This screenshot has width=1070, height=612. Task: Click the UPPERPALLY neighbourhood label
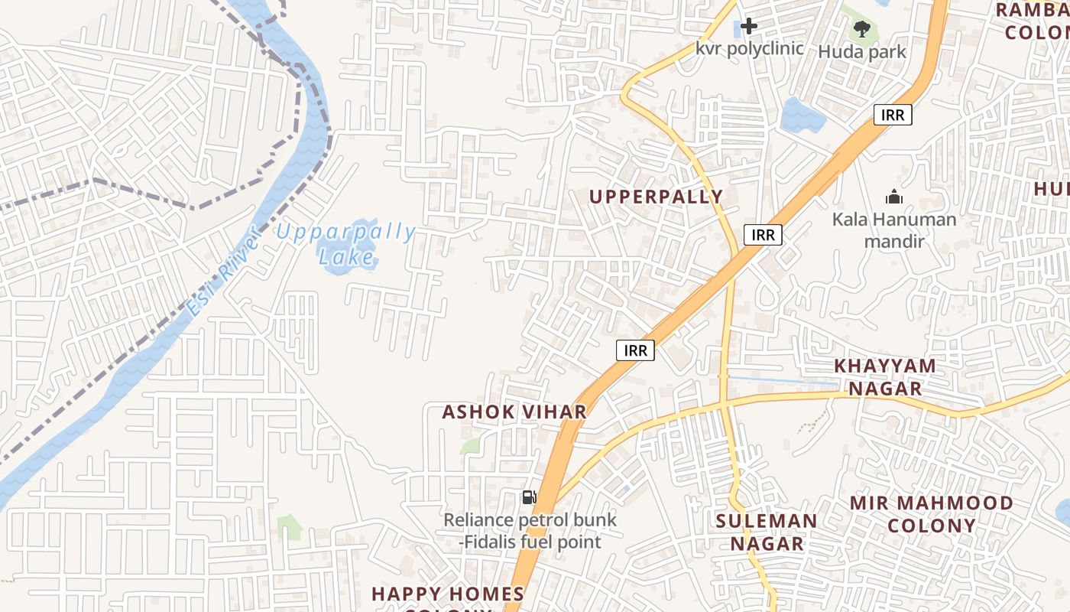click(656, 197)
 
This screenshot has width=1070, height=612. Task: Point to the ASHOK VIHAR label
click(514, 412)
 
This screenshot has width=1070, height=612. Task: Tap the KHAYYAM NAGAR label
click(885, 376)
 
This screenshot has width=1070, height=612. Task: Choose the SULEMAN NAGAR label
click(767, 532)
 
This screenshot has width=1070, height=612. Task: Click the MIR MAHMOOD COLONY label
click(932, 514)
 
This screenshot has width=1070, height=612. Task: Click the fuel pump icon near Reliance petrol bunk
click(529, 497)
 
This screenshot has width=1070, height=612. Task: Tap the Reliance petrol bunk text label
click(530, 531)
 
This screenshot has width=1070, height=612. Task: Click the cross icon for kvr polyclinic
click(749, 26)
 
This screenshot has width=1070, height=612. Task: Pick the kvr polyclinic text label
click(749, 48)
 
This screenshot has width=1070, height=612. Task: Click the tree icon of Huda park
click(862, 29)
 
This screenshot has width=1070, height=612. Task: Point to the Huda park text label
click(862, 51)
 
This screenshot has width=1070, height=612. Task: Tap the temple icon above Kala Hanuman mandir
click(894, 197)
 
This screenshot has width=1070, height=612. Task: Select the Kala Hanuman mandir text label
click(894, 229)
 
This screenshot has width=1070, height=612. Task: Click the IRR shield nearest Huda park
click(893, 116)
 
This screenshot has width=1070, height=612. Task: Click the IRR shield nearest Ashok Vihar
click(635, 350)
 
